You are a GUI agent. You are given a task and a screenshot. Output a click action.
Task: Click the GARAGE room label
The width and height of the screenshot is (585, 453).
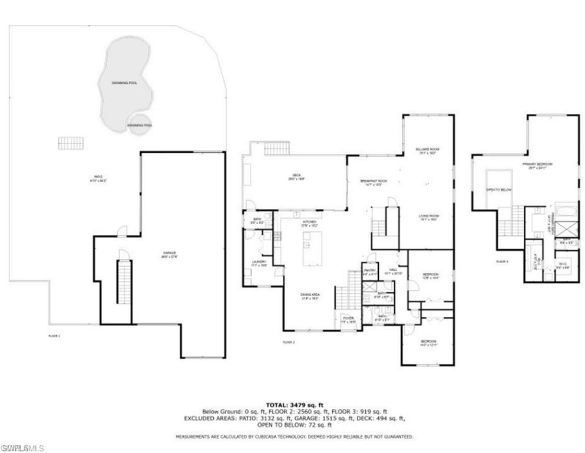pos(170,254)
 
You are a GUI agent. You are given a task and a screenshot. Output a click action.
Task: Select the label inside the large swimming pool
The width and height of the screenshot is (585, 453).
pos(124,83)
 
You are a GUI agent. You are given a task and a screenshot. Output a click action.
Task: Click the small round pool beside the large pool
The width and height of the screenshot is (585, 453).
pos(140,125)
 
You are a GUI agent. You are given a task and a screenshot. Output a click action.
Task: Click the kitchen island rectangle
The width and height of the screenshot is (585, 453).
pos(308,248)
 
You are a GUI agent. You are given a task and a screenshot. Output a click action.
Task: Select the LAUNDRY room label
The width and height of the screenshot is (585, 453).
pos(259,264)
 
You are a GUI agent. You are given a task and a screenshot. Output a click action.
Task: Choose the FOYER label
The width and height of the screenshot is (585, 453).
pos(348,320)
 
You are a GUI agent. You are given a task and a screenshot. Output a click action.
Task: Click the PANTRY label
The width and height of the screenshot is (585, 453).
pos(369,273)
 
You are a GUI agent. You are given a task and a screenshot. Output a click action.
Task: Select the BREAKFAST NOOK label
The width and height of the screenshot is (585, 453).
pos(374,182)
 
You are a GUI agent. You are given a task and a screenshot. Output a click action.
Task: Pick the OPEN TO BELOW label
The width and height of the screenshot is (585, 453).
pos(497,190)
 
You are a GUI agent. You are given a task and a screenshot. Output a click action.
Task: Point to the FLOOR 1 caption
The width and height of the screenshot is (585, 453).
pos(54,335)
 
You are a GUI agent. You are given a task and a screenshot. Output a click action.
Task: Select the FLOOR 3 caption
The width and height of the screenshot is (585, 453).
pos(502,260)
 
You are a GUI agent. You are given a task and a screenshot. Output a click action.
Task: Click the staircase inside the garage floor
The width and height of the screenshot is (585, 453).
pos(124,282)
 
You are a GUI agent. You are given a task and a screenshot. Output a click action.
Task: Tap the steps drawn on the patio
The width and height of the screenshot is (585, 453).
pos(71,143)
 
